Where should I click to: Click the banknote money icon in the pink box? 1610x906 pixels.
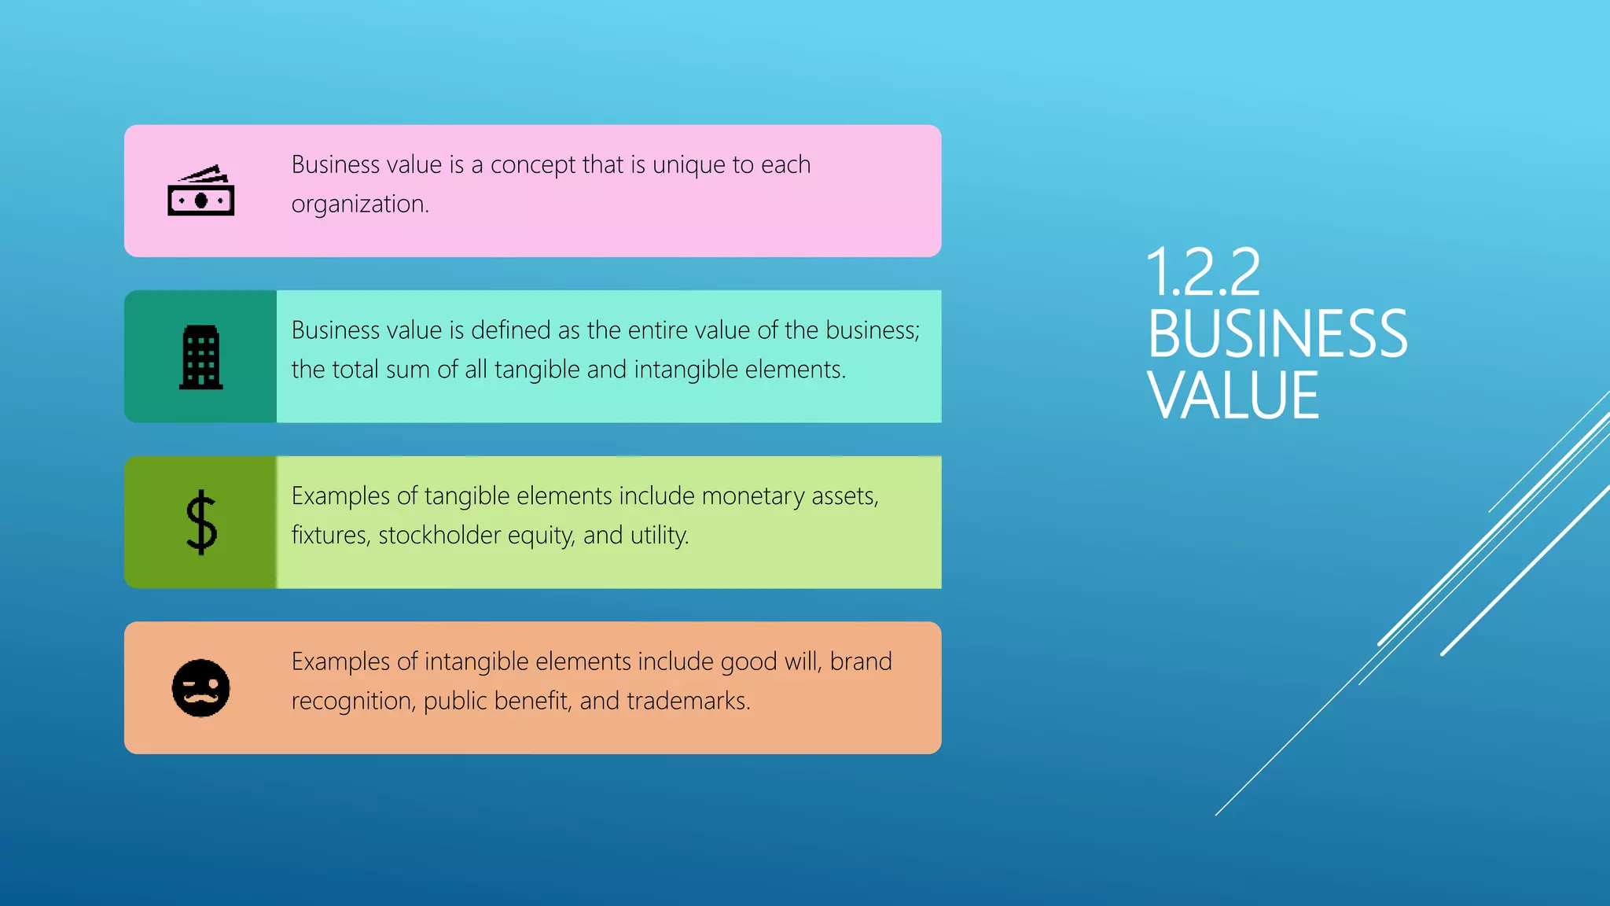[200, 191]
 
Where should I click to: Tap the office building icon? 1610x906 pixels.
[200, 357]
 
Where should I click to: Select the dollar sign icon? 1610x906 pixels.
[200, 522]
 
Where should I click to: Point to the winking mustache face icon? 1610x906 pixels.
[200, 688]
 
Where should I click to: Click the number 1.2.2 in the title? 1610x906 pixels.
[1203, 272]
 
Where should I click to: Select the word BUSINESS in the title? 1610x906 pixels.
[1277, 334]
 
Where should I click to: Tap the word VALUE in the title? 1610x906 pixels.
[1233, 396]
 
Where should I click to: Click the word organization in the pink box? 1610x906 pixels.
[360, 204]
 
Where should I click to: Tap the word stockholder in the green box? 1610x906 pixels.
[439, 536]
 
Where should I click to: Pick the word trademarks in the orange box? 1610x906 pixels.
[688, 701]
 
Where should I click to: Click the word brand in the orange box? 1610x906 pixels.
[861, 661]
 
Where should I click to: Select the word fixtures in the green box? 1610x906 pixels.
[330, 536]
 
